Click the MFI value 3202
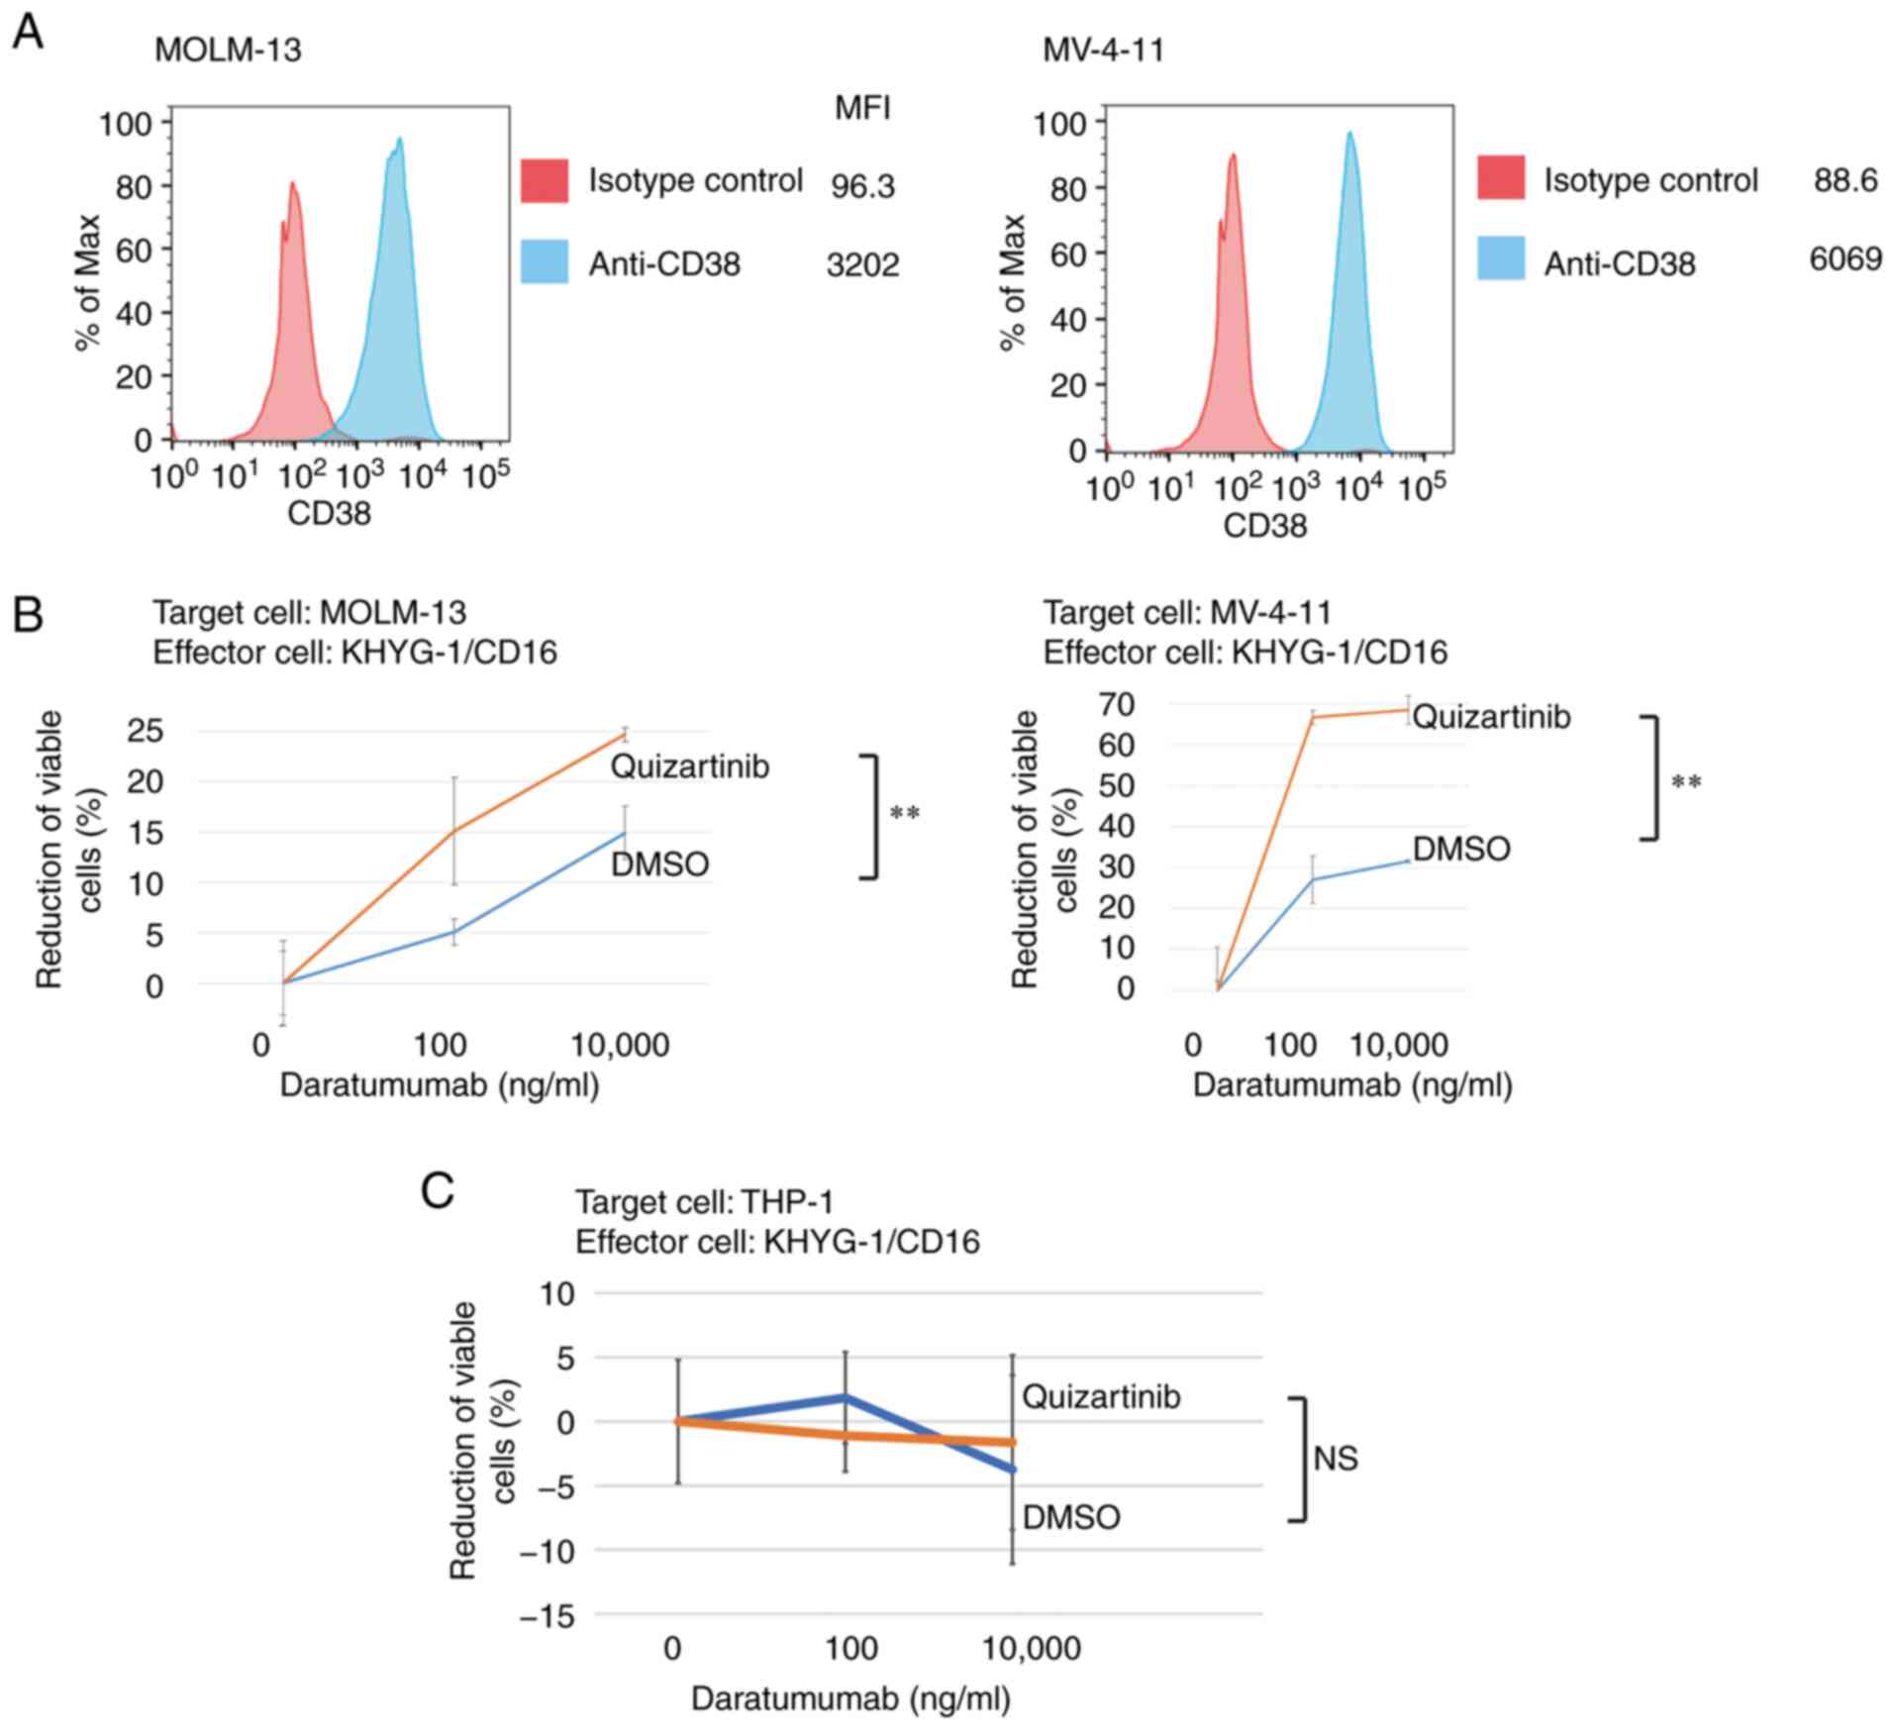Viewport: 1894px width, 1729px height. (x=862, y=264)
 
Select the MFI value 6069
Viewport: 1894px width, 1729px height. (x=1844, y=258)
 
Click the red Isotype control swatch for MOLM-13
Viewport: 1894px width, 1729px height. (x=545, y=180)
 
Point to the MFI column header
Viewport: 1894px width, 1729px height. (x=862, y=107)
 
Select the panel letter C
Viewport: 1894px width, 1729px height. (x=438, y=1191)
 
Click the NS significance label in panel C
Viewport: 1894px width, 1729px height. (x=1335, y=1458)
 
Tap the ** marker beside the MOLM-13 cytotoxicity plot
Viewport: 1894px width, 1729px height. (x=905, y=814)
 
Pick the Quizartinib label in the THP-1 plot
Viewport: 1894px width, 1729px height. (x=1101, y=1396)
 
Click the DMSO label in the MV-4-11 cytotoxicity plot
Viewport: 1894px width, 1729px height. (x=1461, y=849)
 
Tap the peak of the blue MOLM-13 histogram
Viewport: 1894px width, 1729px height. (x=400, y=140)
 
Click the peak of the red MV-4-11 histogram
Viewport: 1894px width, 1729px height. (x=1233, y=155)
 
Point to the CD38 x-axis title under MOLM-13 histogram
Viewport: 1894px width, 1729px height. (x=329, y=513)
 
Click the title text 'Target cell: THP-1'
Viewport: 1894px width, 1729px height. (x=704, y=1202)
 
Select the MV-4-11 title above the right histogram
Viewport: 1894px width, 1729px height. (x=1103, y=50)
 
